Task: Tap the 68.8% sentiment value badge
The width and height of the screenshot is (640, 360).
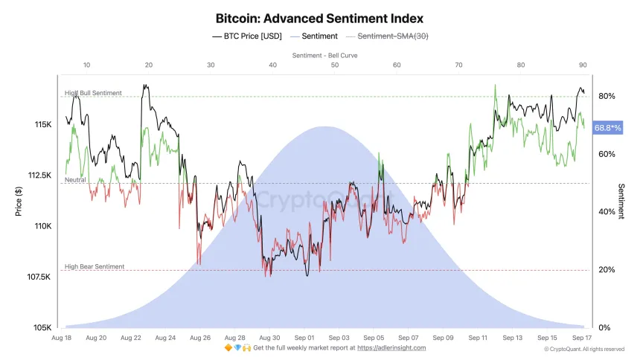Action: [607, 128]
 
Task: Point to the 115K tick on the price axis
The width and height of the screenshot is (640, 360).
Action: [42, 124]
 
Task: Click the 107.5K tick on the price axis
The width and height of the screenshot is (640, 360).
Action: [39, 277]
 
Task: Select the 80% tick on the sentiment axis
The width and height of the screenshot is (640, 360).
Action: [606, 97]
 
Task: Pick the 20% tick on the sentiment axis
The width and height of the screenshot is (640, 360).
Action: [606, 270]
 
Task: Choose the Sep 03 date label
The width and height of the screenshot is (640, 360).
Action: [339, 338]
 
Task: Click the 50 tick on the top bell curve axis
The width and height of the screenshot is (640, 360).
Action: [335, 65]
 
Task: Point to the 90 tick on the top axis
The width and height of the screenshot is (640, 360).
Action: [583, 65]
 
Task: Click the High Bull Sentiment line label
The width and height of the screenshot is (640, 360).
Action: [93, 93]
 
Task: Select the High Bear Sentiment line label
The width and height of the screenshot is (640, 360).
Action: [95, 266]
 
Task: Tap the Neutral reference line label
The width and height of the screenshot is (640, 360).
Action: [75, 180]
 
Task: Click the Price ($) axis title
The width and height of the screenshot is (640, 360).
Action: [19, 201]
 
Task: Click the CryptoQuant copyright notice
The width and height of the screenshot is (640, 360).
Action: [584, 349]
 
